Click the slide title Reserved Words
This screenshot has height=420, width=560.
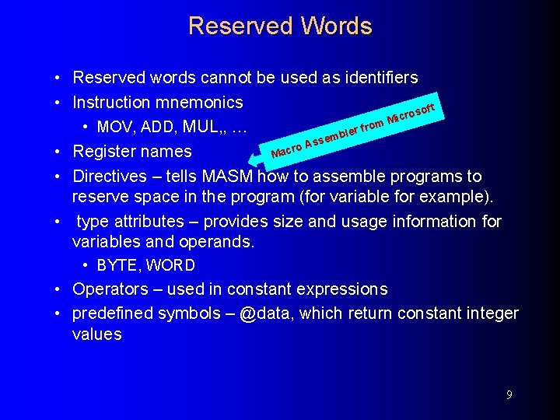pos(280,26)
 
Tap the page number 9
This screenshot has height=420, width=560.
pos(509,395)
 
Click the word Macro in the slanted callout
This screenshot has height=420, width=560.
pos(286,149)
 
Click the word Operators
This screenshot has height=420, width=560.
pos(110,289)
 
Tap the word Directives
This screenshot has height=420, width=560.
pos(111,177)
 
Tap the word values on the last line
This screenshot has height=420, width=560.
pos(97,334)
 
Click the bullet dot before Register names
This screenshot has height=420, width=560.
pos(59,152)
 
